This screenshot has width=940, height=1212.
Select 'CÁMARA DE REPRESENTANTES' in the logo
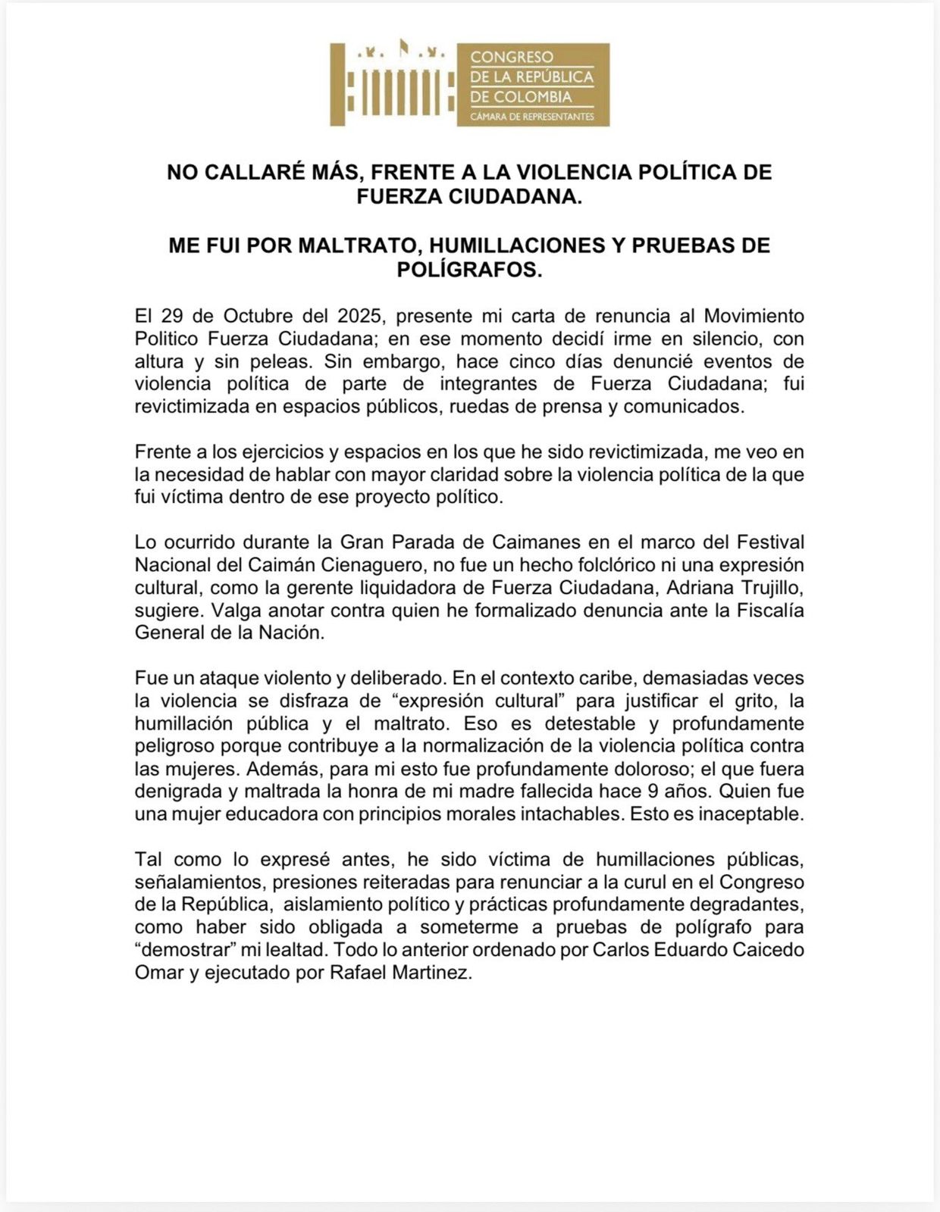coord(532,117)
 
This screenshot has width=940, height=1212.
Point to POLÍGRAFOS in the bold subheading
coord(470,270)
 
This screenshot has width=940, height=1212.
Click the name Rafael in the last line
coord(358,973)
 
